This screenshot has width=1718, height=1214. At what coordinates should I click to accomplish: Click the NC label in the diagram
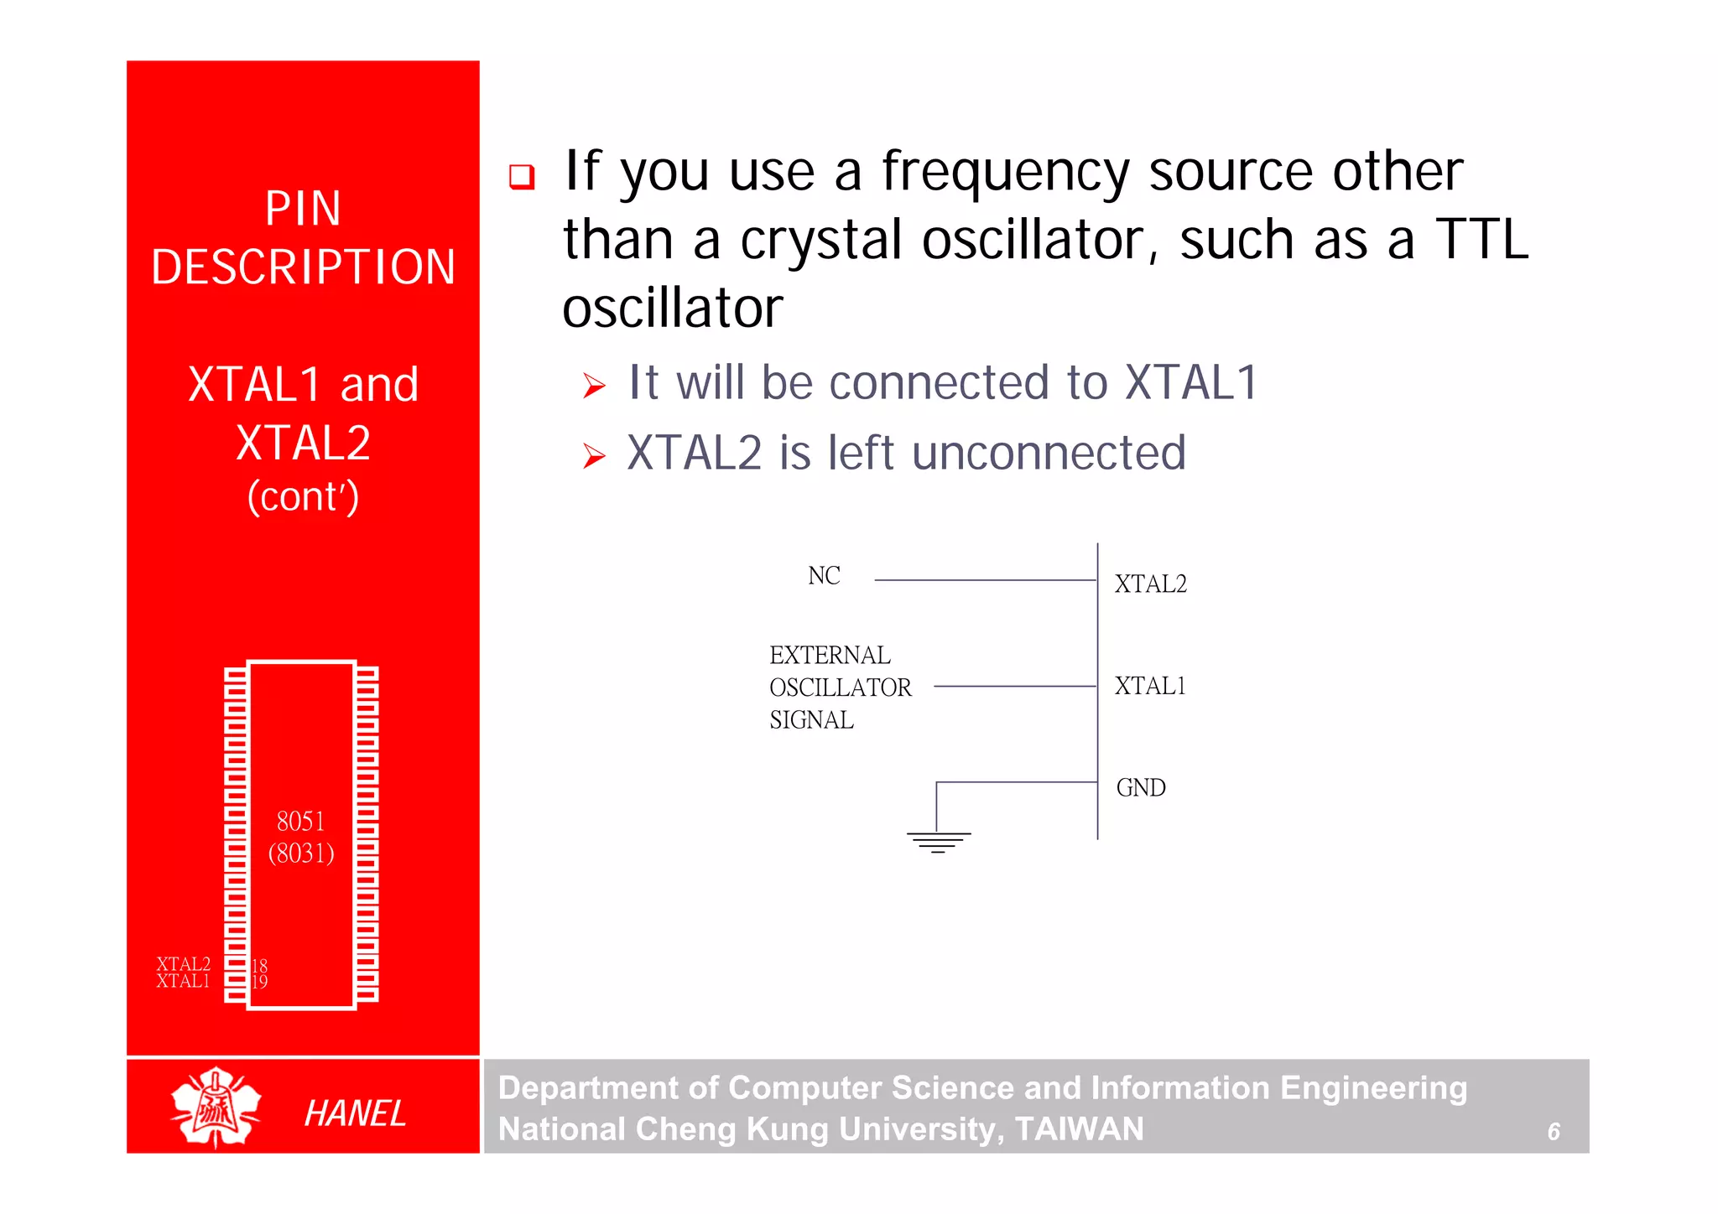coord(824,576)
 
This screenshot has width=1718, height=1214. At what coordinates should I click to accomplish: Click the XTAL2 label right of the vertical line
coord(1150,584)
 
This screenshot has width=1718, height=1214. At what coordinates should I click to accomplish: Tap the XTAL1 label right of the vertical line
coord(1150,687)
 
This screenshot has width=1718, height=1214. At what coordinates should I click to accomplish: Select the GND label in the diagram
coord(1141,788)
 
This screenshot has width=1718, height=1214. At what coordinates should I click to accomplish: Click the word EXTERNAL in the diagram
coord(830,655)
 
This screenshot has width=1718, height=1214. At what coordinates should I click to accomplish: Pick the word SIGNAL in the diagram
coord(811,720)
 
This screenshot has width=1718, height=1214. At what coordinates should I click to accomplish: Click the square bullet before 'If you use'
coord(522,176)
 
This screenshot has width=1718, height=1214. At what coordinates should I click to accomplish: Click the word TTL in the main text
coord(1481,240)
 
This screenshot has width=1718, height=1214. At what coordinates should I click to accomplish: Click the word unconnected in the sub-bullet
coord(1049,454)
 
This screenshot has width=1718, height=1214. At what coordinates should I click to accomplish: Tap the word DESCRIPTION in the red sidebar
coord(303,267)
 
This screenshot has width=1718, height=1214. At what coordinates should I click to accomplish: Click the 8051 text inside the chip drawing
coord(300,821)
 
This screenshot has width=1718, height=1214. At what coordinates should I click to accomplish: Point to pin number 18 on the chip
coord(259,965)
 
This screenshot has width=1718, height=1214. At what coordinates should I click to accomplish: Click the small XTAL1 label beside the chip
coord(183,982)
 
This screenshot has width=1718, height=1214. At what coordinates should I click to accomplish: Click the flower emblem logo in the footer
coord(216,1108)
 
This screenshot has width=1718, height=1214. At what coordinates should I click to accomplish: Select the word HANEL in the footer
coord(355,1113)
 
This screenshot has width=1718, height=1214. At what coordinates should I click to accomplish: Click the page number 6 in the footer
coord(1553,1132)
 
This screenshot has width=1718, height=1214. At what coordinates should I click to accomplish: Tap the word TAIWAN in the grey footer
coord(1079,1129)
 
